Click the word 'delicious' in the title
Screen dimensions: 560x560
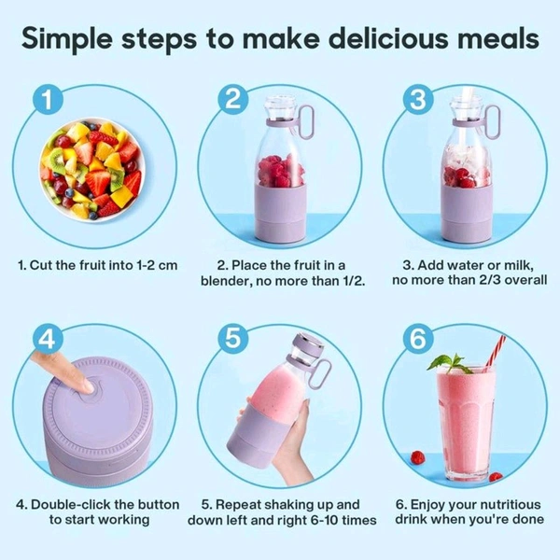point(388,38)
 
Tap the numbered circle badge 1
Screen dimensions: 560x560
point(48,99)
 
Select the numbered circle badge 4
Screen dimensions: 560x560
point(48,339)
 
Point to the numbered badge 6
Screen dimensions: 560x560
point(418,339)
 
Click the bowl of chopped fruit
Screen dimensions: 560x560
point(92,171)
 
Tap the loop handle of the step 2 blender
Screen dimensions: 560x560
point(306,121)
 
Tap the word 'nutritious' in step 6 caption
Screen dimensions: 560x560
point(509,505)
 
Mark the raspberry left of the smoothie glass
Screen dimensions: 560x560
point(417,457)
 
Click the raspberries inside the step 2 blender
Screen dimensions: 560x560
point(281,171)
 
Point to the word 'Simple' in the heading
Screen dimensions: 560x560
point(67,39)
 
